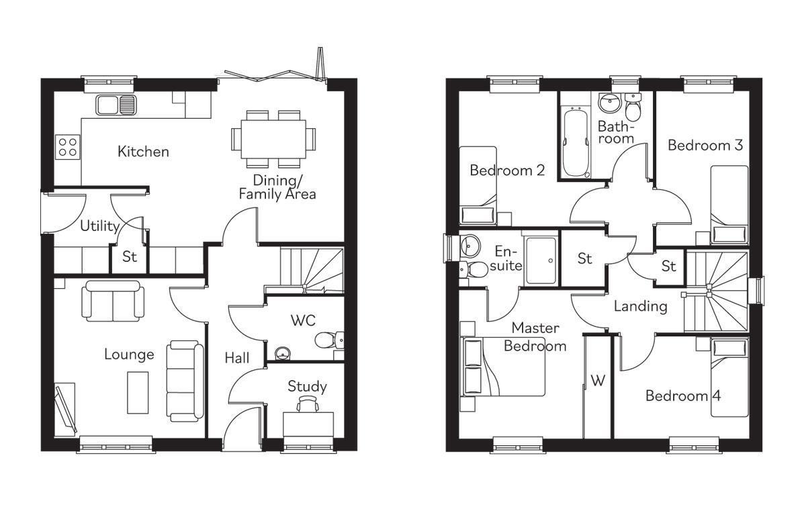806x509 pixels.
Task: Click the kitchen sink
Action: point(116,104)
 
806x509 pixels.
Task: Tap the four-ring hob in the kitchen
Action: point(67,146)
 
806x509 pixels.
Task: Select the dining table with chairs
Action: point(273,138)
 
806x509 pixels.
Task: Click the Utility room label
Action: point(99,226)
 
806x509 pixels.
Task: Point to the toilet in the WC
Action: point(328,340)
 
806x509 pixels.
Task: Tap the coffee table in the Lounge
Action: point(138,392)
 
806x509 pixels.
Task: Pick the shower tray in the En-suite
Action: point(541,260)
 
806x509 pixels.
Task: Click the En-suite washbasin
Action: point(469,246)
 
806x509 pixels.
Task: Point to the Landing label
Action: point(640,307)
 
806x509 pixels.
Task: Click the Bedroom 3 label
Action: point(705,145)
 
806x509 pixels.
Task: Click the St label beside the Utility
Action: point(129,258)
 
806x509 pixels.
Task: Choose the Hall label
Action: point(237,358)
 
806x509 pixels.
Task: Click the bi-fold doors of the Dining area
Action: point(275,74)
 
